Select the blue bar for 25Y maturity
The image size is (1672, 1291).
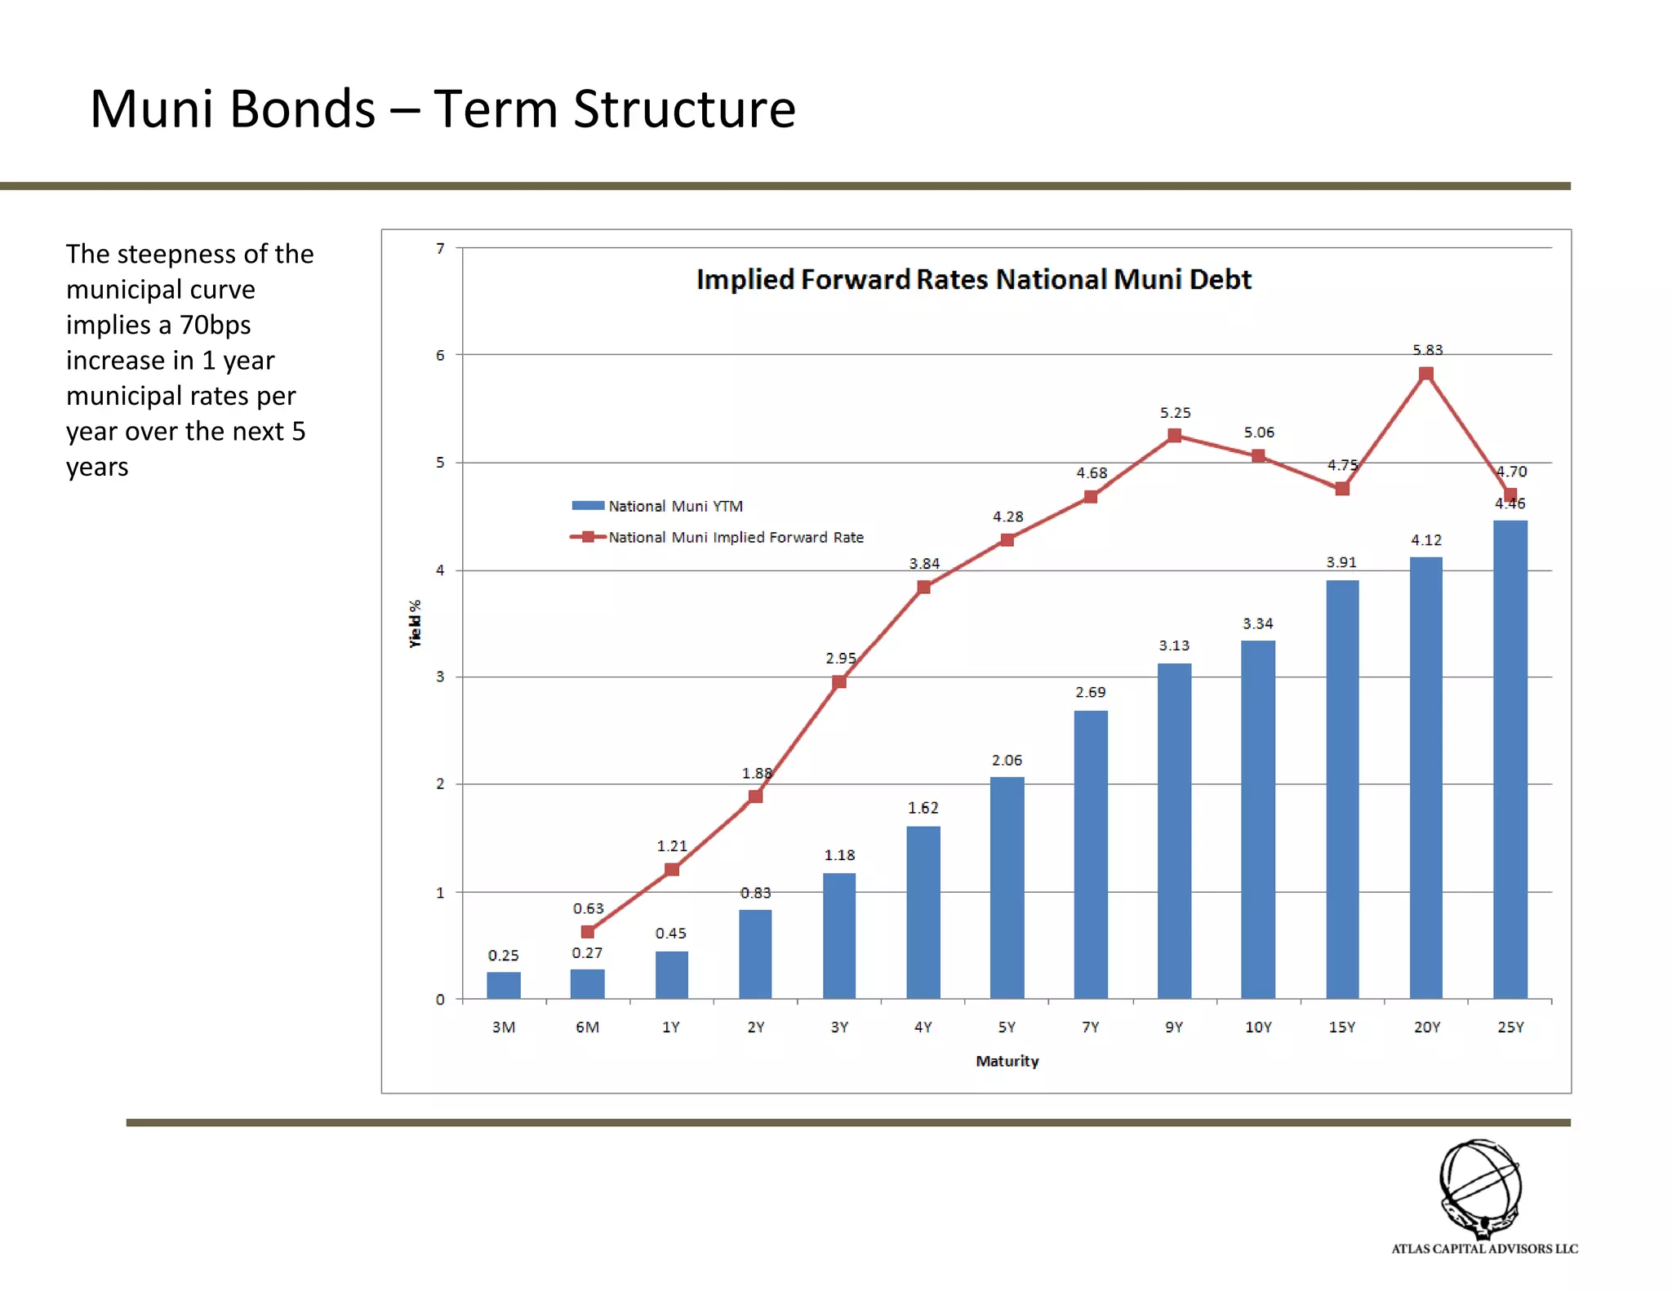(1510, 759)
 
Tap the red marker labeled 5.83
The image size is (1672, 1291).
(1425, 374)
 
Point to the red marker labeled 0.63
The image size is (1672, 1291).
(587, 931)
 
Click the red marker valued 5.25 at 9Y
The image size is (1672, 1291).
(1174, 435)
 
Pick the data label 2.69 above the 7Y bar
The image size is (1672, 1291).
(1090, 692)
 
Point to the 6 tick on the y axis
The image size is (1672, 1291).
(440, 355)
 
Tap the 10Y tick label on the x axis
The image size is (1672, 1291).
(1258, 1027)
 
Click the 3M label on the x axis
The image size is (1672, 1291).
(503, 1027)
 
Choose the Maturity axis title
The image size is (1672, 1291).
(1007, 1061)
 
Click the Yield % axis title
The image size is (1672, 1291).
(416, 623)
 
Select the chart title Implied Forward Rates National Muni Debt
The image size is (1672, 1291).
(973, 279)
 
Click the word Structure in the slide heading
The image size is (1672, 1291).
(684, 109)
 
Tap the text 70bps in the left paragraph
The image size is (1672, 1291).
(215, 325)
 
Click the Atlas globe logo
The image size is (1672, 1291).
(1480, 1187)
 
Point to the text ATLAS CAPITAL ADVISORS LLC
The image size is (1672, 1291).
(1484, 1249)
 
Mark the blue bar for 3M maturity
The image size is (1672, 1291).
(503, 985)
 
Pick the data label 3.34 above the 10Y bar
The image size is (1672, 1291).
(1257, 623)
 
